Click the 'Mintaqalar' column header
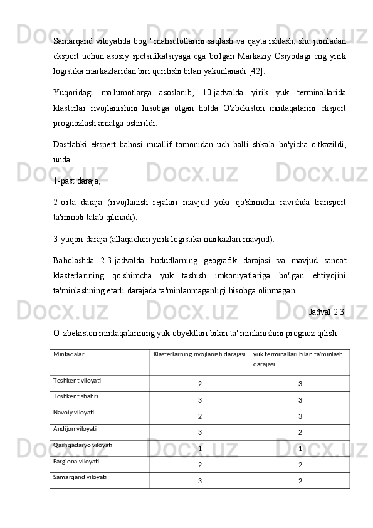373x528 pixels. (69, 354)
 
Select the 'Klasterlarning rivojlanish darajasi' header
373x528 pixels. (199, 354)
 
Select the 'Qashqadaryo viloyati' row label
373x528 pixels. (83, 445)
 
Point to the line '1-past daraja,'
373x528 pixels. (77, 181)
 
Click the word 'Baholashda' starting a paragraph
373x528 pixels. (74, 260)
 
